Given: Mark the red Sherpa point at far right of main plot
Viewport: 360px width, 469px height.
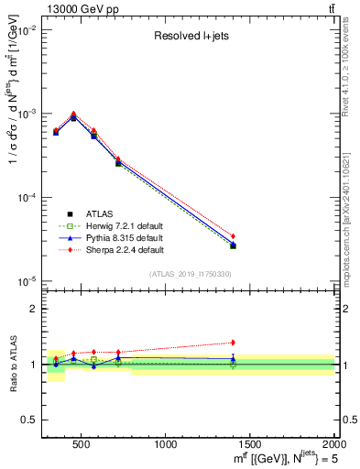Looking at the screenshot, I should click(233, 236).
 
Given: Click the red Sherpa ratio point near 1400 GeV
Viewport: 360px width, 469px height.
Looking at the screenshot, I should click(233, 343).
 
